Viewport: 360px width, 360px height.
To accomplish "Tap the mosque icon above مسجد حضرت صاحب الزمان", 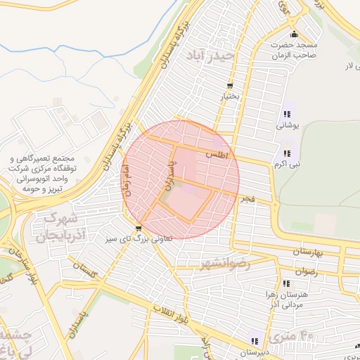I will [294, 34].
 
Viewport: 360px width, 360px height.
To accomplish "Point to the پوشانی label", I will [286, 125].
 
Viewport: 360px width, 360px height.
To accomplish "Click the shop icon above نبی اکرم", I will [286, 153].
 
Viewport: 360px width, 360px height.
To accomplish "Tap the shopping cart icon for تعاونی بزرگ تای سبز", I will [139, 228].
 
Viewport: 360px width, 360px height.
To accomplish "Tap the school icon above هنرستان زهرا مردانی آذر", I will [286, 285].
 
